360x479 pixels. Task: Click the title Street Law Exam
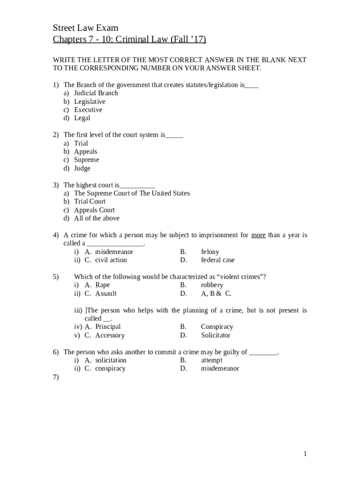86,28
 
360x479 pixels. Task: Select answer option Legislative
89,102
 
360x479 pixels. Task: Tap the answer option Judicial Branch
96,93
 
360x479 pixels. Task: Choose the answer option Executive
88,110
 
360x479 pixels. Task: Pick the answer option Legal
82,118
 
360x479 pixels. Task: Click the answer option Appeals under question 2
86,152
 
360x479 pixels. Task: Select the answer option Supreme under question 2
86,160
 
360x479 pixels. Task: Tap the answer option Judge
82,168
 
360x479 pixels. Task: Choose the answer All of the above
97,218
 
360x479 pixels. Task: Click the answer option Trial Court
90,202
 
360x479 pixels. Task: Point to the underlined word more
259,235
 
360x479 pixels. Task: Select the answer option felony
210,252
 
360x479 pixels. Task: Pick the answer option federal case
218,260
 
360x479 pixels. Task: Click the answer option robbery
212,285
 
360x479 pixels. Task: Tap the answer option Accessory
110,335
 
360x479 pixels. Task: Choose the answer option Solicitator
216,335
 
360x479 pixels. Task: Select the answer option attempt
212,361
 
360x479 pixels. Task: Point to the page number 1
305,454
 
